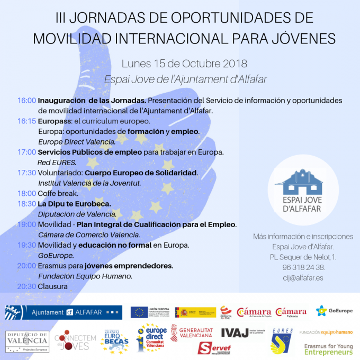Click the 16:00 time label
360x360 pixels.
(26, 101)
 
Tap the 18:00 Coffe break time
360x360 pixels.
(26, 193)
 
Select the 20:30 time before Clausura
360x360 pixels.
(26, 286)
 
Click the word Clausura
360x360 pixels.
(53, 286)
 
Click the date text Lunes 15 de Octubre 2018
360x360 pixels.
(184, 64)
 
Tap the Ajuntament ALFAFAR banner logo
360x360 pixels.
(63, 312)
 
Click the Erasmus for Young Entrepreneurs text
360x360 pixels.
(329, 348)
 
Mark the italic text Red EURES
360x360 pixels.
(57, 163)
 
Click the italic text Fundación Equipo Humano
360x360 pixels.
(85, 276)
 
